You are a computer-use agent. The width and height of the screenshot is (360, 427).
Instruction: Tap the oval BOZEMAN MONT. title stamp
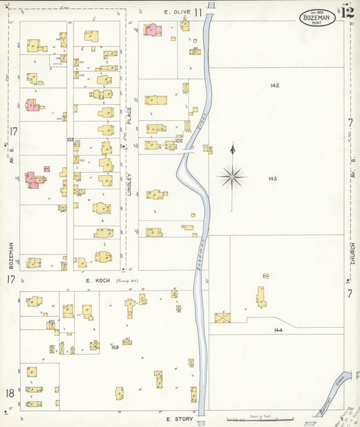317,18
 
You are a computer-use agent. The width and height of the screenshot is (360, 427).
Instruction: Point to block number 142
274,86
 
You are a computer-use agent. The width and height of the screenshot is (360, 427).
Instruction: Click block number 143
273,179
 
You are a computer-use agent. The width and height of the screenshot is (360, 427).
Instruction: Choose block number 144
278,330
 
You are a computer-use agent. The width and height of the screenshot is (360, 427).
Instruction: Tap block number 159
115,347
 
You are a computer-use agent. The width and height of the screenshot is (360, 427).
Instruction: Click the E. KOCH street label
98,280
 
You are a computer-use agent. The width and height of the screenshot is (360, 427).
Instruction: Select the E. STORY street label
179,420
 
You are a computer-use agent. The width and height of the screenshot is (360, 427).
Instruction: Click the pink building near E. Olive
152,29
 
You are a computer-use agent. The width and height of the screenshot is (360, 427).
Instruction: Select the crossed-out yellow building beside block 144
223,317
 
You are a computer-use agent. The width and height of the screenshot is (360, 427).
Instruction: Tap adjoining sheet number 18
10,393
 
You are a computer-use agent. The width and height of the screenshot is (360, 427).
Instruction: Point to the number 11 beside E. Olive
199,12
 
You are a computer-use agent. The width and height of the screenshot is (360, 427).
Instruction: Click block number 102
179,141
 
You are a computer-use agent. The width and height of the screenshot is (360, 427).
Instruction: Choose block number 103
70,139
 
